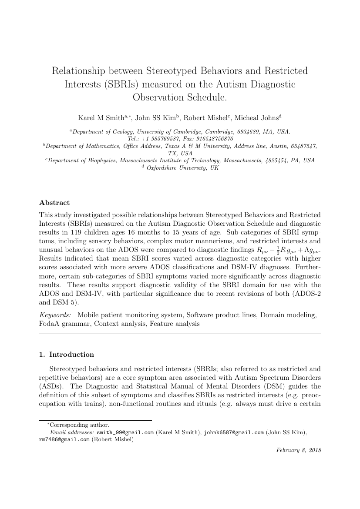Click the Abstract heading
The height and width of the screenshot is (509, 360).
tap(54, 203)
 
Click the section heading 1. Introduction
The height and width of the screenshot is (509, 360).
tap(66, 354)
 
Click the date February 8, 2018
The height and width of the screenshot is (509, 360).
tap(299, 451)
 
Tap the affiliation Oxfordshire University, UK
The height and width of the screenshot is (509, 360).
tap(182, 168)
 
